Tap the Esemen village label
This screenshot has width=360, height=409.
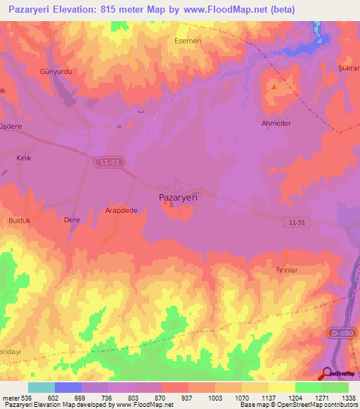[x=188, y=41]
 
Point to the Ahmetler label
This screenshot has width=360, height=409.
[x=276, y=123]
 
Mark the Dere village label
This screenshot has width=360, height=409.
[x=72, y=220]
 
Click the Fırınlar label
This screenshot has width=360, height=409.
[x=287, y=269]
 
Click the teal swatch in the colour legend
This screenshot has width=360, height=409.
[x=41, y=387]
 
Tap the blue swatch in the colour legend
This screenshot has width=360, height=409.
[x=68, y=387]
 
